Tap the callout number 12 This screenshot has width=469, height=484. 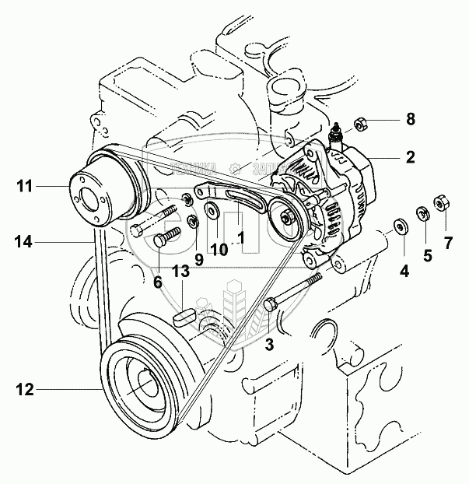tap(26, 389)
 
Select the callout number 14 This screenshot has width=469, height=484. tap(23, 242)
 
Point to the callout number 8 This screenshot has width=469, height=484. tap(411, 120)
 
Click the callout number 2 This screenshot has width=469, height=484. tap(410, 157)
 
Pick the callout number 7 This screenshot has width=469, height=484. tap(447, 243)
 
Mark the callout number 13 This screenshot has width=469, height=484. tap(180, 271)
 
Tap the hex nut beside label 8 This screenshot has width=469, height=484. tap(362, 123)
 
